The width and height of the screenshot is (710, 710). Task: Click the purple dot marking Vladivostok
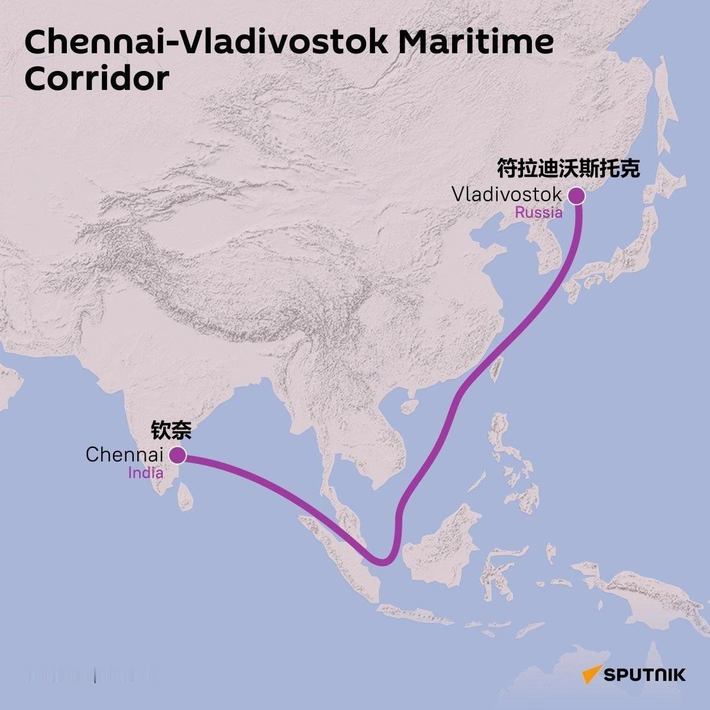[576, 196]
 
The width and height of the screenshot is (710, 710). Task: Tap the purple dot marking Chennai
[177, 455]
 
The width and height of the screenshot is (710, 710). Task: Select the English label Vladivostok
[506, 195]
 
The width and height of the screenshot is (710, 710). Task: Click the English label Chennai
[124, 455]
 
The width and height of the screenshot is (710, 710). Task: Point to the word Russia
[538, 213]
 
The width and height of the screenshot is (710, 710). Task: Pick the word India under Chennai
[146, 473]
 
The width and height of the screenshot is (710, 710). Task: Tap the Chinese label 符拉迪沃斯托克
[568, 169]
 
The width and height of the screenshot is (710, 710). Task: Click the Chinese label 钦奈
[171, 430]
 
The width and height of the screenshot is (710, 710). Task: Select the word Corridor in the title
[97, 79]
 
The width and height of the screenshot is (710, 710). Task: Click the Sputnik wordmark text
[644, 674]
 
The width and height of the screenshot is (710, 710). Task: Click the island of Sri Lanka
[186, 496]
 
